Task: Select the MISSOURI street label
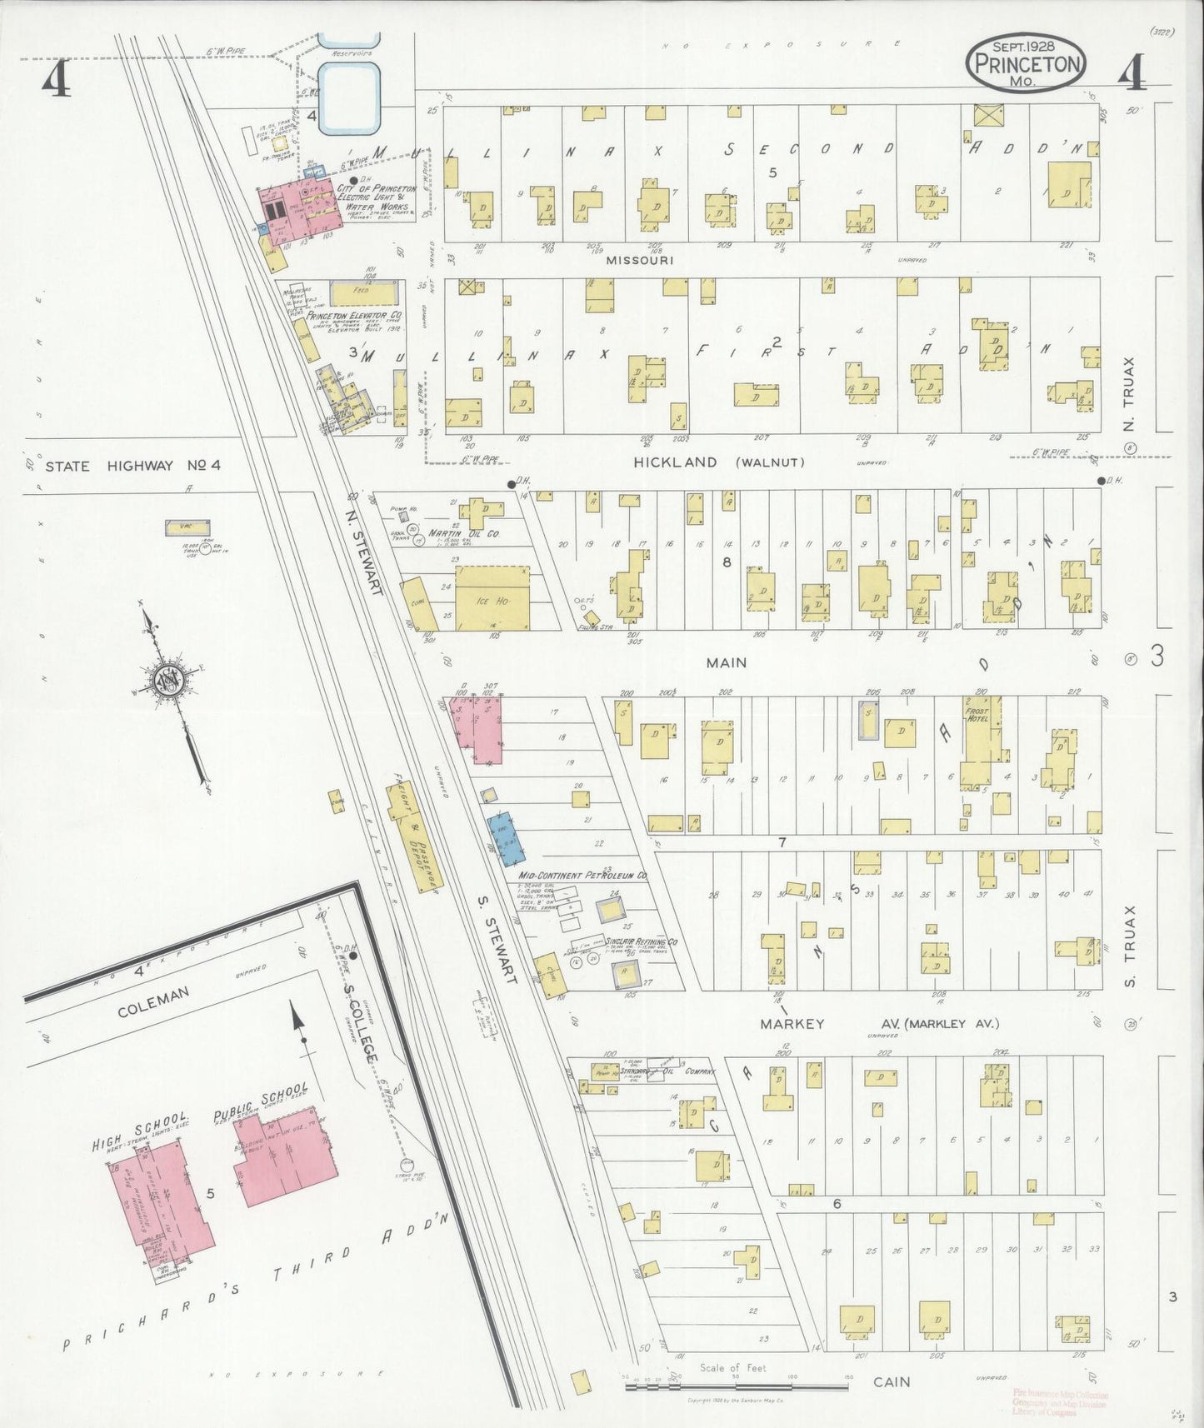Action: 639,260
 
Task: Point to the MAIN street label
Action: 727,663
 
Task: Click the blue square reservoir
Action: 351,100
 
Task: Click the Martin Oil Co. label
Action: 463,533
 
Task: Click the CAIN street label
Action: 892,1382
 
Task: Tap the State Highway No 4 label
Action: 132,467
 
